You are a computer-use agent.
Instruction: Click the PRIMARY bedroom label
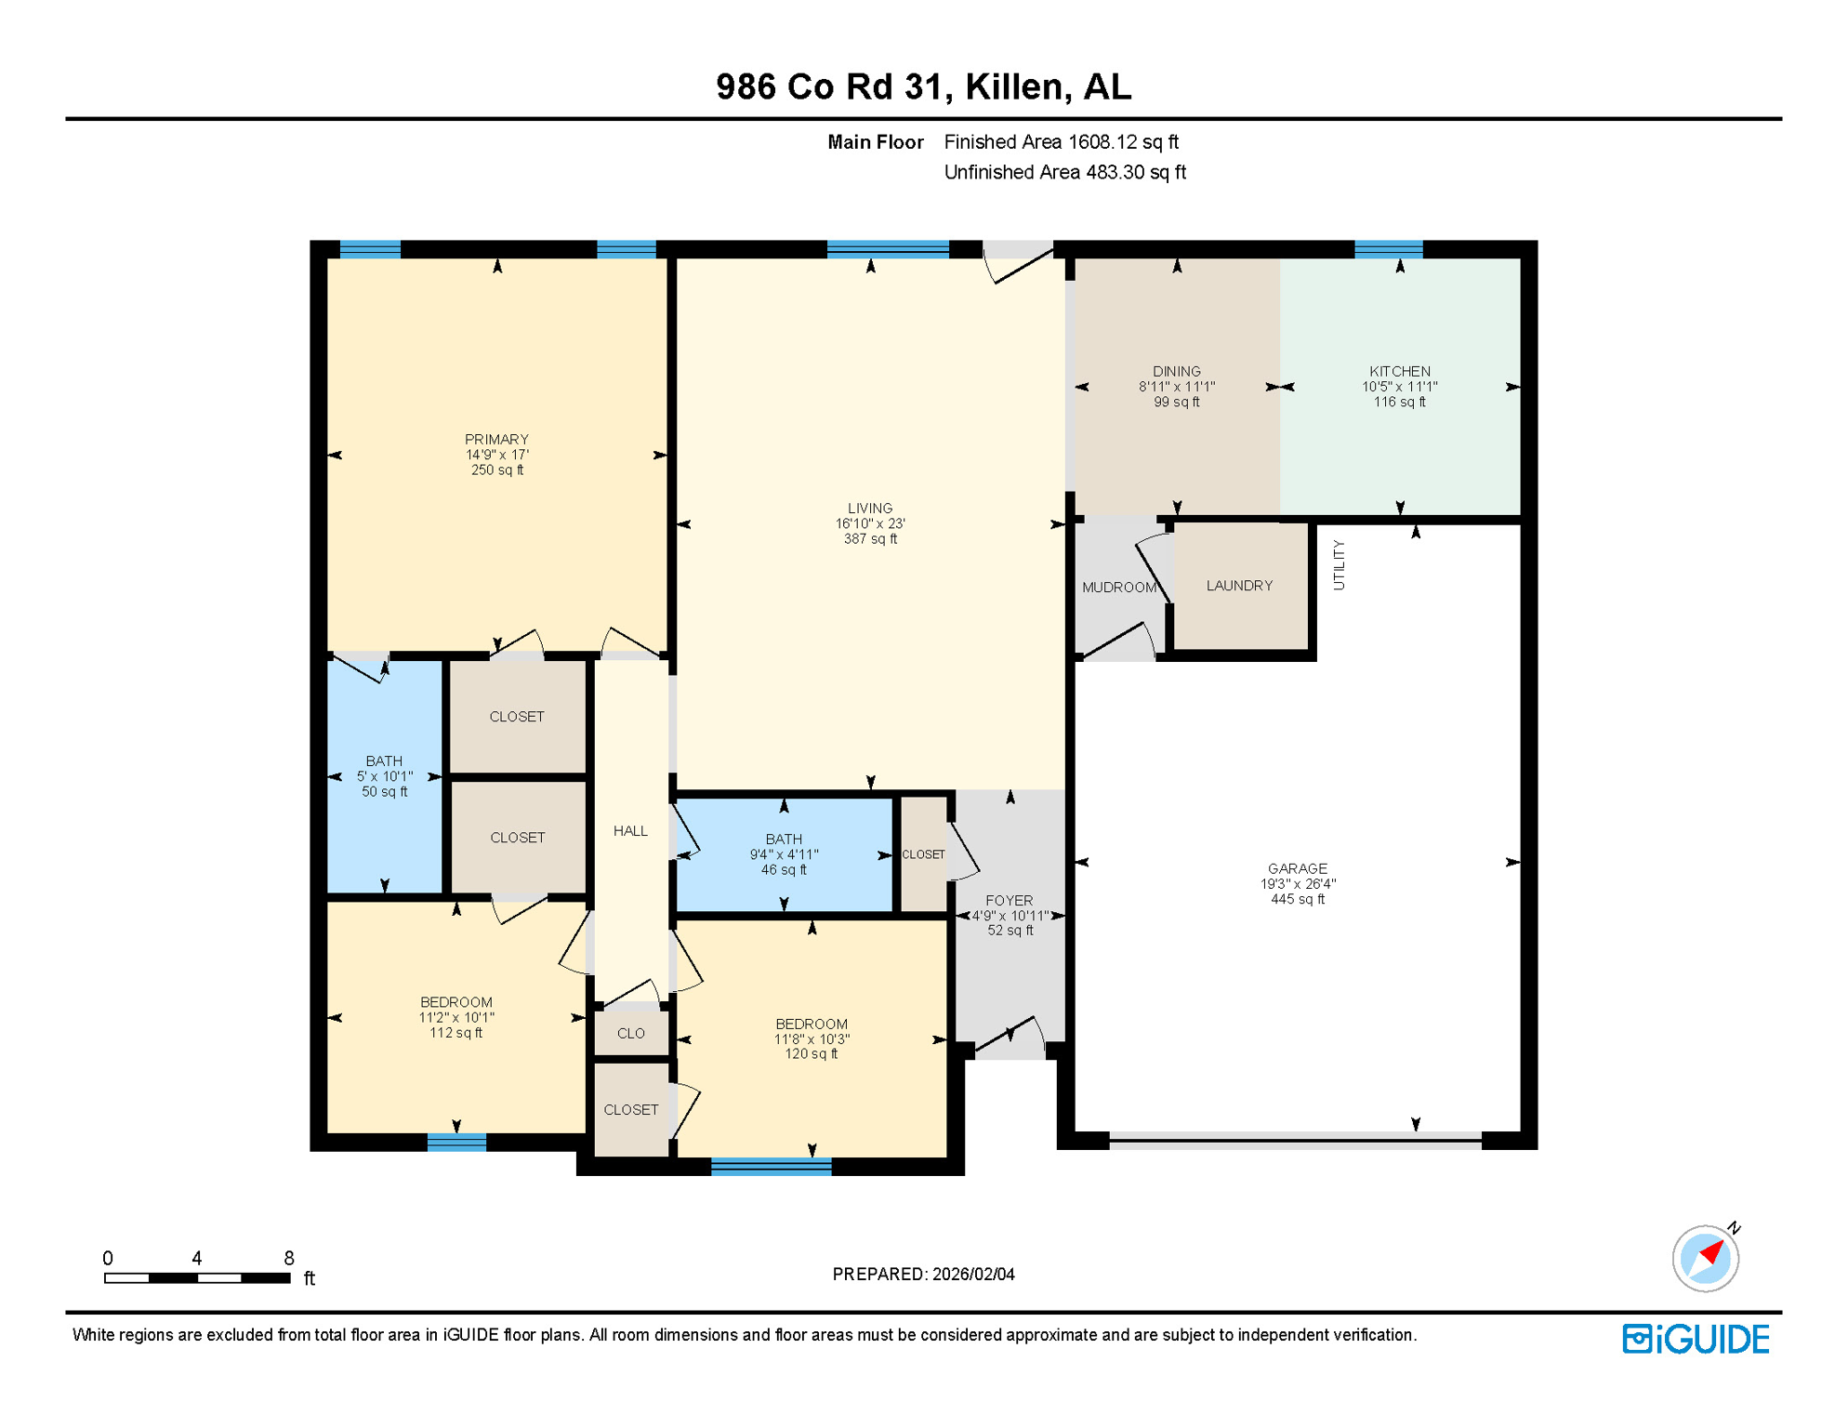point(496,440)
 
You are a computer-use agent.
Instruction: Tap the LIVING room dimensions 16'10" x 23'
point(870,523)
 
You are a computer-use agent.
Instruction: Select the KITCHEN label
point(1399,371)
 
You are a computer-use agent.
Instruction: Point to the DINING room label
point(1176,371)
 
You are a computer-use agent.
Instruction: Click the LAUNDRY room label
point(1239,586)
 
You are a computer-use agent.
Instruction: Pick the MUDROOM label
point(1118,588)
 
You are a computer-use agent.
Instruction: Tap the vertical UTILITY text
point(1339,564)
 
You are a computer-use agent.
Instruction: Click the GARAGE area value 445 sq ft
point(1298,899)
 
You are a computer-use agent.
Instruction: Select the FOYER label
point(1010,900)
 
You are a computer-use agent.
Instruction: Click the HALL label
point(630,831)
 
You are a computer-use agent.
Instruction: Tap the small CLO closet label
point(630,1033)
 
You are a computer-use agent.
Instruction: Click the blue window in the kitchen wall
point(1388,249)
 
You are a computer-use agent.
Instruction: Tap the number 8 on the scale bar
point(289,1258)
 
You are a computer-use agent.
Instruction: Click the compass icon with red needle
point(1706,1258)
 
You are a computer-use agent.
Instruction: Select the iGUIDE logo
point(1696,1339)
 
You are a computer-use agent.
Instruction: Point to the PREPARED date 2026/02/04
point(923,1275)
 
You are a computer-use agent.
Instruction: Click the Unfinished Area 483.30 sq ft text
point(1064,173)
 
